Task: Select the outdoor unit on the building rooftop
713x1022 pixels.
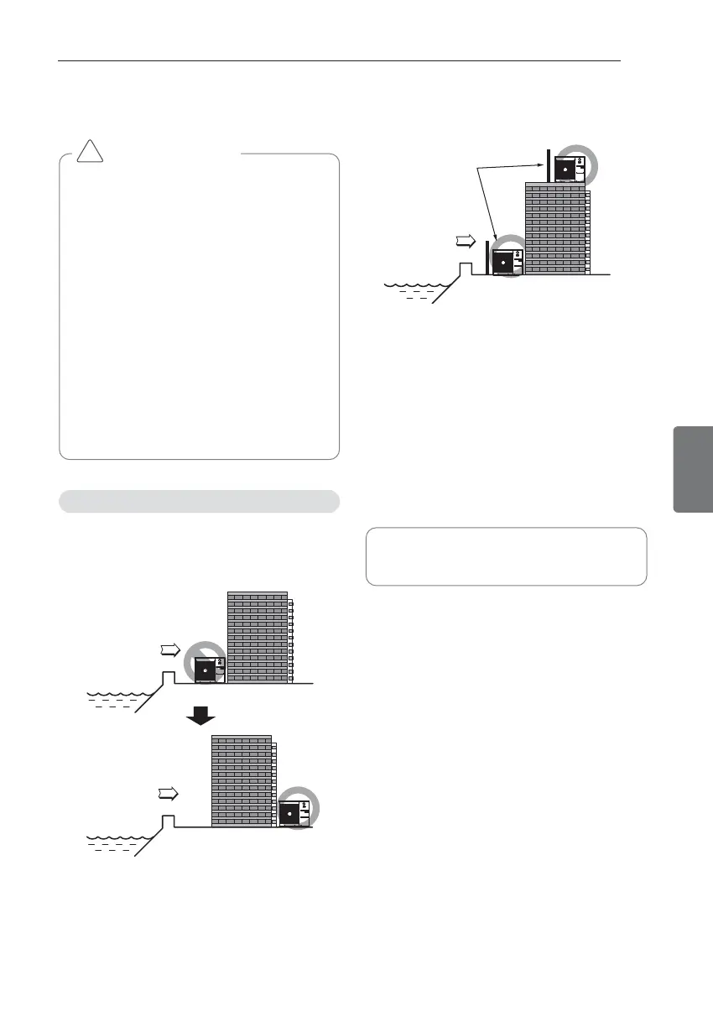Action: (x=570, y=168)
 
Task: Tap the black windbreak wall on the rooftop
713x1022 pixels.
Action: (x=548, y=165)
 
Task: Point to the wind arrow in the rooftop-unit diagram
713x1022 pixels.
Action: (x=464, y=242)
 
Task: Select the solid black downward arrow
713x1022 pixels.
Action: (x=199, y=715)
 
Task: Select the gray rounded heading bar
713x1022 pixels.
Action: (x=199, y=501)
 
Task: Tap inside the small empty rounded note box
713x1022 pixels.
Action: (x=506, y=555)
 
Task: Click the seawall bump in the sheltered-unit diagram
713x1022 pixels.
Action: (x=168, y=820)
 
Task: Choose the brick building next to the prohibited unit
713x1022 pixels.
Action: (x=258, y=638)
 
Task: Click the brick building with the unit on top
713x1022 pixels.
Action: (x=554, y=228)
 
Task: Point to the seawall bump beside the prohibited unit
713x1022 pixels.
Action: (x=168, y=676)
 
